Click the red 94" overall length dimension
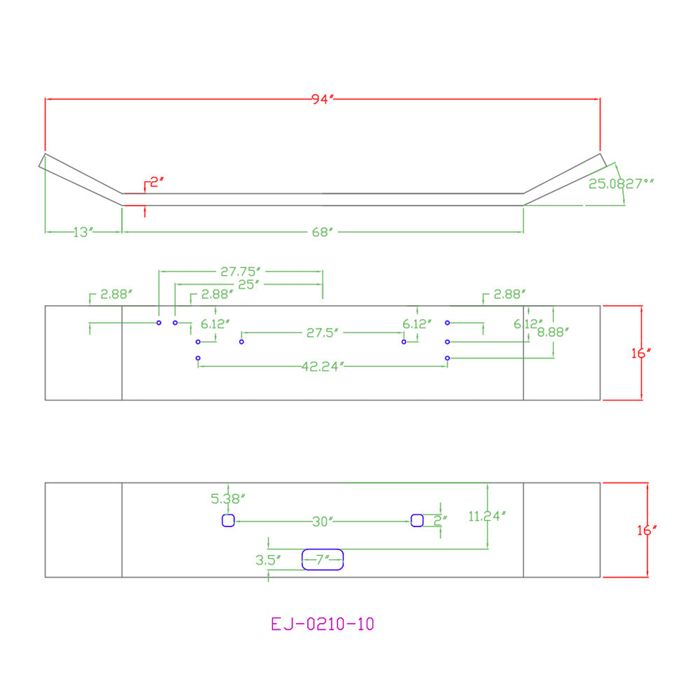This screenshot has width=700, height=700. tap(322, 99)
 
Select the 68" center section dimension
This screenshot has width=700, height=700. tap(322, 232)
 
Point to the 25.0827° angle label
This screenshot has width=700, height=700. tap(621, 183)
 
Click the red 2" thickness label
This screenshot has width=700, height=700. tap(157, 182)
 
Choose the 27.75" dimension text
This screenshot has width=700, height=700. tap(240, 272)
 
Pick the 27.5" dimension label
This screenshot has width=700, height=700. tap(322, 332)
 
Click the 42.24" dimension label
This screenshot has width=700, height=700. tap(323, 367)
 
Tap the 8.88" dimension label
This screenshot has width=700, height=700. tap(553, 332)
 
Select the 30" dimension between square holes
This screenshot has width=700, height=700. tap(323, 521)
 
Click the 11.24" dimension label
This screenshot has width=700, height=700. tap(487, 517)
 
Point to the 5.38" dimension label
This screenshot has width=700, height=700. tap(227, 498)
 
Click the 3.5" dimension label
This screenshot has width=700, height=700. tap(268, 560)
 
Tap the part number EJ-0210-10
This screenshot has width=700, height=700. tap(322, 624)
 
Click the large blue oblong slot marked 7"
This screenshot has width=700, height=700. tap(323, 549)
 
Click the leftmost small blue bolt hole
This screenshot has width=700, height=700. tap(159, 323)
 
